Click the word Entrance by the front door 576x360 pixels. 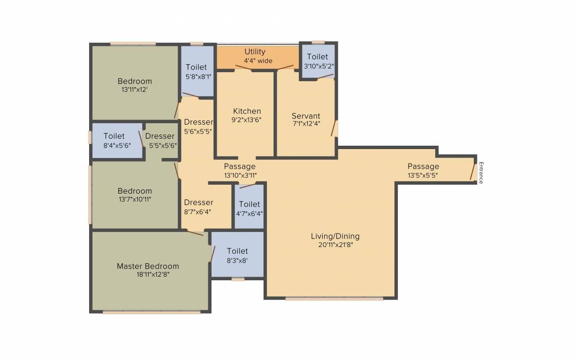(481, 172)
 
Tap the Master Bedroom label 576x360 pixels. (148, 266)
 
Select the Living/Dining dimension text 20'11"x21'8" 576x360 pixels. (335, 245)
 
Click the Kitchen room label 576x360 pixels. (247, 111)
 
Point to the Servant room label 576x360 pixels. (306, 116)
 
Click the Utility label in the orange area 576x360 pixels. (255, 52)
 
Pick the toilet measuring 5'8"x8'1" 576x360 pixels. (196, 71)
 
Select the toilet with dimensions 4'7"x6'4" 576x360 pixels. (249, 209)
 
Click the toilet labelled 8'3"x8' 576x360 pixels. (237, 255)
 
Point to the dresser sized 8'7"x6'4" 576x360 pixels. (198, 207)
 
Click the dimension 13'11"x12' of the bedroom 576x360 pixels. (135, 89)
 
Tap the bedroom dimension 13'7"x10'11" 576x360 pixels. (135, 199)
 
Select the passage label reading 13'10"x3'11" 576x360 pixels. (240, 175)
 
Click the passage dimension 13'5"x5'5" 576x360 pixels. (423, 175)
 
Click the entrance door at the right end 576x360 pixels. (473, 171)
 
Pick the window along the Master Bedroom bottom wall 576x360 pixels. (151, 312)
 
